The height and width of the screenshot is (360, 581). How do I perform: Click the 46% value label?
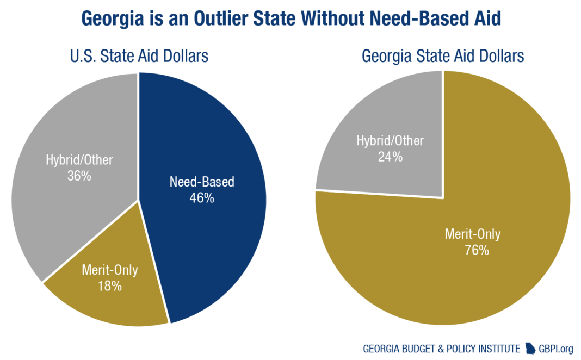[202, 198]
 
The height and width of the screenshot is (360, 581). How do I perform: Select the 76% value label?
[473, 251]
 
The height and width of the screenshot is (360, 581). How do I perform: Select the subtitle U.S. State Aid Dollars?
[139, 55]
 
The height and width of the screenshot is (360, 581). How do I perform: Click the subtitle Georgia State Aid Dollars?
[443, 55]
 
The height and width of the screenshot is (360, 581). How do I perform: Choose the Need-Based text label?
[202, 182]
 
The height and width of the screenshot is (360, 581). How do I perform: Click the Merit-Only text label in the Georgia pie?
[473, 234]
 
